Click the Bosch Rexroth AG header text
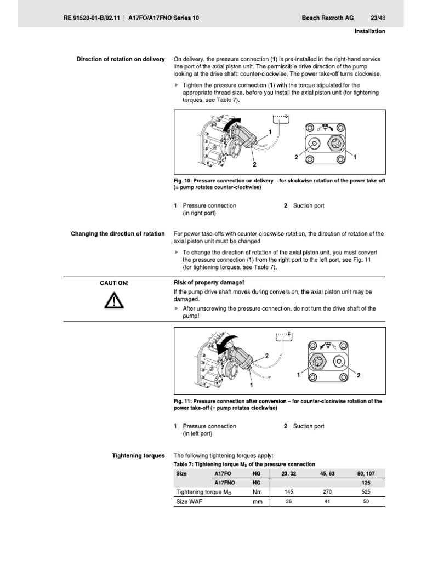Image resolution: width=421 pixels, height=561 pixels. [x=327, y=18]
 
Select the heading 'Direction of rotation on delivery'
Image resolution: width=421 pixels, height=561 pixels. [x=120, y=59]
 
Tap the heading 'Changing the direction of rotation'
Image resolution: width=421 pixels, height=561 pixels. [x=118, y=234]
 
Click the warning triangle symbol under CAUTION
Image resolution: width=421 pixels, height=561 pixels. [x=115, y=301]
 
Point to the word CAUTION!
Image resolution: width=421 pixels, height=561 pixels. [x=115, y=283]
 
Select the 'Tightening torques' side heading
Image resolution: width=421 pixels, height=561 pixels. [x=138, y=455]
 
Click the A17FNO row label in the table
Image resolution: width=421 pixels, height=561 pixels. [x=225, y=482]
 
